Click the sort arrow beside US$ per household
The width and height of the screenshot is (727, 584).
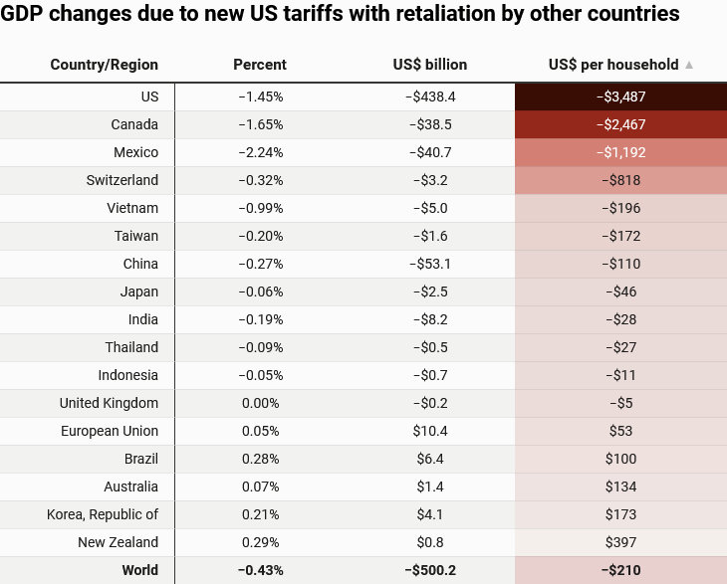point(689,65)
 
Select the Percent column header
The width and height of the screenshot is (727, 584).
point(260,65)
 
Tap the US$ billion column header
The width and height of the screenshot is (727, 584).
point(430,65)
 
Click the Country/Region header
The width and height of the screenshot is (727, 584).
point(105,65)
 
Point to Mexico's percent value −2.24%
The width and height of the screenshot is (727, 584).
point(261,152)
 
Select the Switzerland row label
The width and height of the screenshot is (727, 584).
point(122,180)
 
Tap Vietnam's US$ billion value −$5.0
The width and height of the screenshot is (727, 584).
point(430,208)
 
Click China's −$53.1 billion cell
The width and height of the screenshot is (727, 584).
point(430,264)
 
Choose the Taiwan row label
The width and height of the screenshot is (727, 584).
point(136,236)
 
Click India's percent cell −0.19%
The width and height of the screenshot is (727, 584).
point(261,319)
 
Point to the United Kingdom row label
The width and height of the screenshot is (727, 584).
point(109,403)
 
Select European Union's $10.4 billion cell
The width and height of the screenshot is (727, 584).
point(430,431)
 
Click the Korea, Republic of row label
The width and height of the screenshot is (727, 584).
point(103,514)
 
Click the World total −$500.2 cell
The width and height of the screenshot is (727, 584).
point(430,570)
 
